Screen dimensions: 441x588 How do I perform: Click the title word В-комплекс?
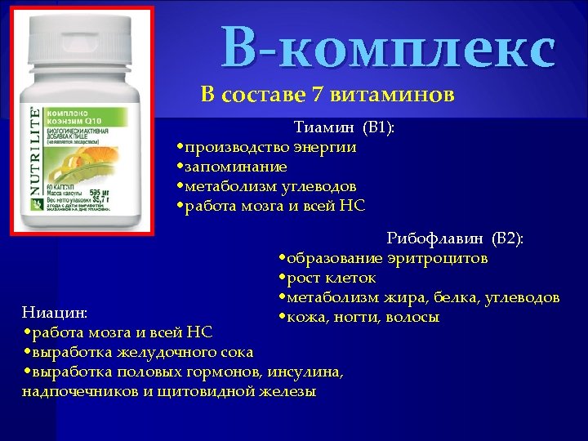(x=389, y=48)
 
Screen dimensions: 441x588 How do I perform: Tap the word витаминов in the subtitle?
(x=391, y=96)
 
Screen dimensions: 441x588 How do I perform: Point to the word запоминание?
(x=235, y=167)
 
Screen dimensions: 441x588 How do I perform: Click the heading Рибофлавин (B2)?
(x=455, y=238)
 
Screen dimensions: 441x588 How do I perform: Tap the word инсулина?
(x=310, y=372)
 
